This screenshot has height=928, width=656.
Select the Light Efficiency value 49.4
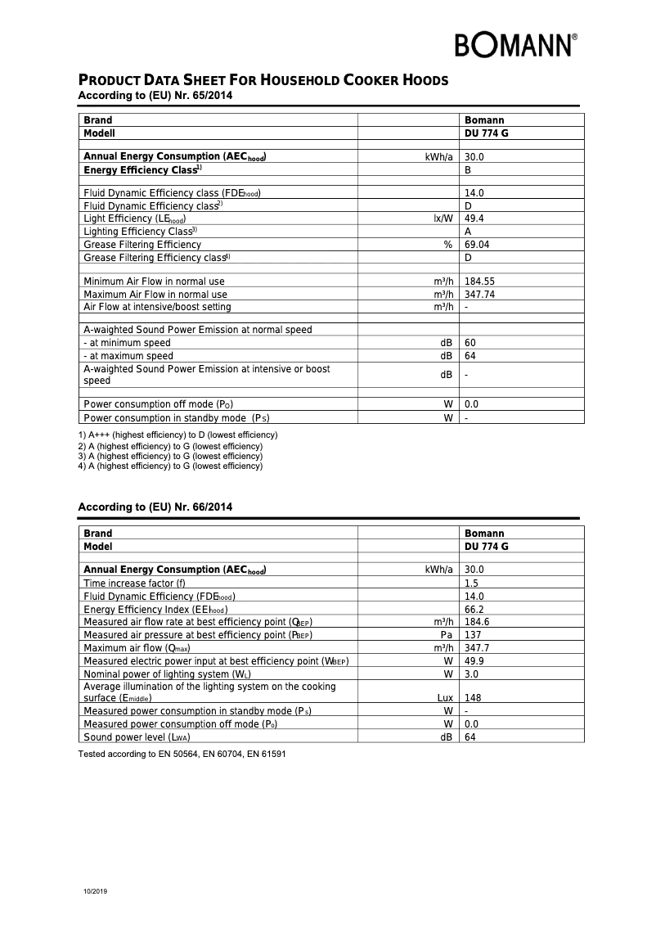point(474,218)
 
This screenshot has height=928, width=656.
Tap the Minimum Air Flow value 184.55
point(479,282)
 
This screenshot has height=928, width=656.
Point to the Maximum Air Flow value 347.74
point(479,295)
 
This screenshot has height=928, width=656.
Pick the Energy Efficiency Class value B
point(467,170)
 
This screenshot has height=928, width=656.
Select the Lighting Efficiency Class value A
point(467,232)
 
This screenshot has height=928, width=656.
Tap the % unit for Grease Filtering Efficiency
point(447,245)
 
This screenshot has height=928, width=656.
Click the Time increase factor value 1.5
point(471,583)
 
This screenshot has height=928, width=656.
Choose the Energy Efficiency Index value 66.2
point(474,610)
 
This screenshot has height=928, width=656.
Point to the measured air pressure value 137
point(472,635)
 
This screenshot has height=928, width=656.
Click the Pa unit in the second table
point(447,635)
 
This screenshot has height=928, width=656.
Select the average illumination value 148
point(472,698)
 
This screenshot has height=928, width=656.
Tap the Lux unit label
point(445,698)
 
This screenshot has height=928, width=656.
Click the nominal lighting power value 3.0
point(471,674)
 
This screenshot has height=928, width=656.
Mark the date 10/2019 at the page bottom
point(95,890)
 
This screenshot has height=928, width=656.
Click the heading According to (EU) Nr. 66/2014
point(155,507)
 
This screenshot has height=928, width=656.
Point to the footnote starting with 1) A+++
point(177,435)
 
